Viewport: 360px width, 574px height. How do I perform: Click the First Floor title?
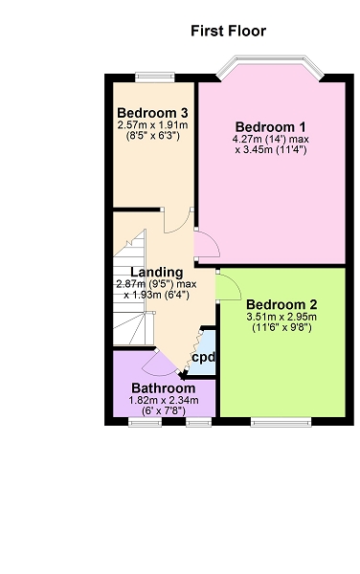[x=228, y=31]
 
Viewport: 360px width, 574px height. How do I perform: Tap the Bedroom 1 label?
[x=270, y=127]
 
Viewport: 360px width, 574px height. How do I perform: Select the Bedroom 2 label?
[x=281, y=304]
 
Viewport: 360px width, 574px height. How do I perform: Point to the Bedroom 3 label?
[x=153, y=112]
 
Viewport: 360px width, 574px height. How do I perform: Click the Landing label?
[x=157, y=273]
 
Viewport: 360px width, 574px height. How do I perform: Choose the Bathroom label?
[x=164, y=388]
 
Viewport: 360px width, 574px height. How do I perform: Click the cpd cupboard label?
[x=204, y=358]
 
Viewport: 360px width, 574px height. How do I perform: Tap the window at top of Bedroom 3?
[x=155, y=77]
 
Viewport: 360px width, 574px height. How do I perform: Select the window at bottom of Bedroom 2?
[x=281, y=422]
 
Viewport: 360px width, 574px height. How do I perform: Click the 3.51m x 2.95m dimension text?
[x=281, y=317]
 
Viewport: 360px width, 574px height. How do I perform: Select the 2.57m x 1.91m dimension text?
[x=153, y=124]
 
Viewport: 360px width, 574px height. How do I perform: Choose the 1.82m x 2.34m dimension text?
[x=164, y=400]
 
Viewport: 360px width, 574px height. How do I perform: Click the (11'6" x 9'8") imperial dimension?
[x=281, y=327]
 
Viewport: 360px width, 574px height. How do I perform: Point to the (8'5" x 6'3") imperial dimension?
[x=153, y=136]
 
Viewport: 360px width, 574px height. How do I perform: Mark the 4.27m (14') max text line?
[x=270, y=140]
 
